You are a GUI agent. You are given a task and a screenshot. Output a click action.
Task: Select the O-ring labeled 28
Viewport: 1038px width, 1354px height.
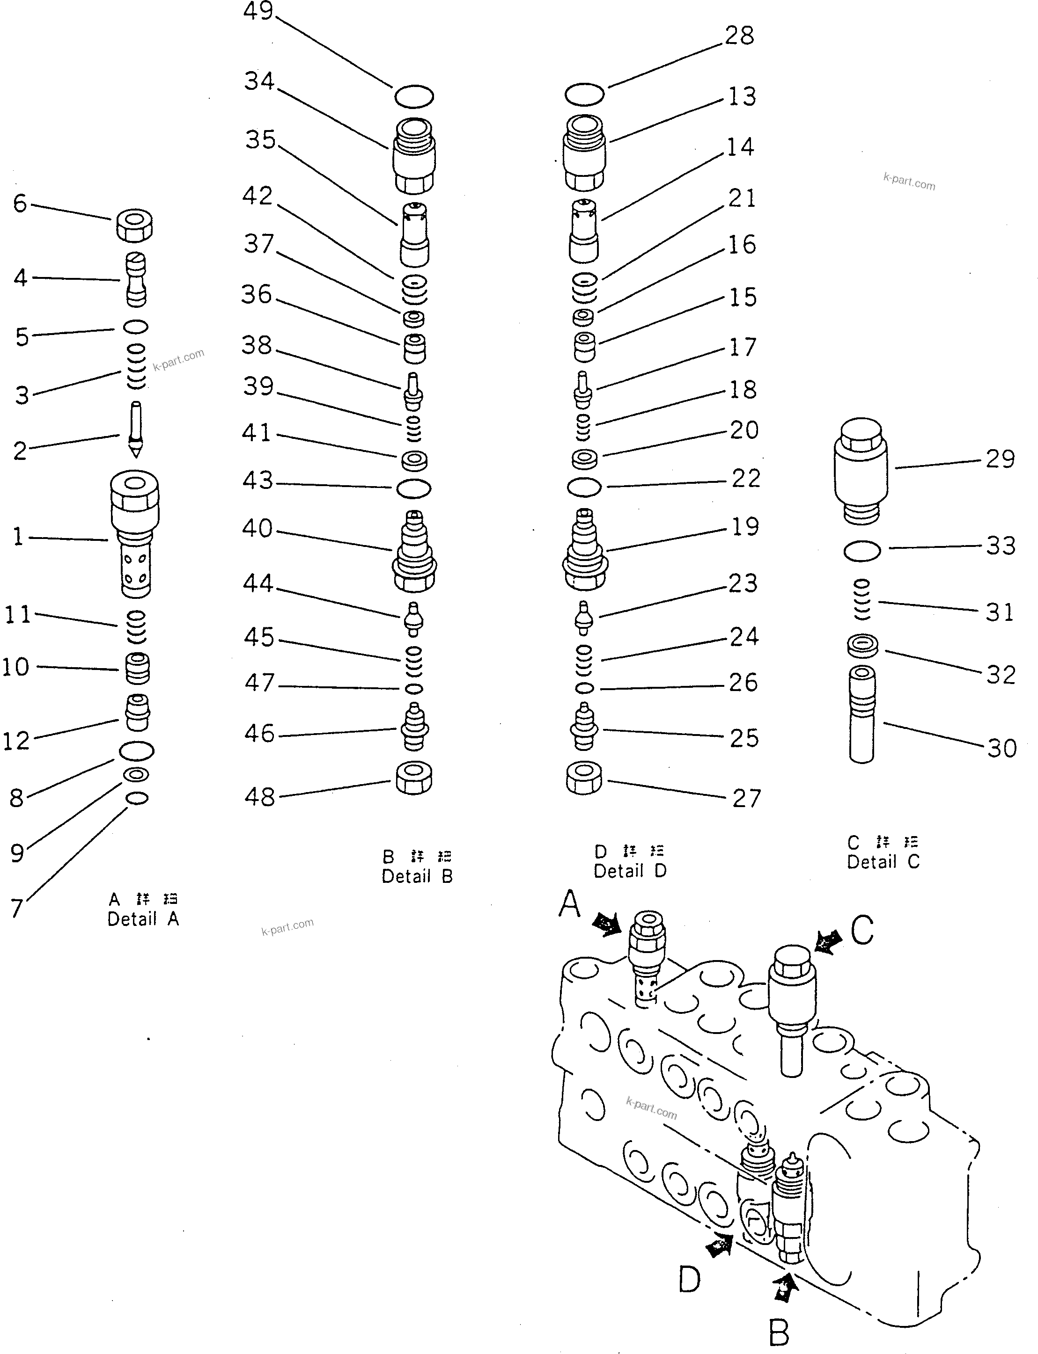coord(584,95)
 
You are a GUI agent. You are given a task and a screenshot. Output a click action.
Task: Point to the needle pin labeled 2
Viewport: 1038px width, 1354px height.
coord(136,429)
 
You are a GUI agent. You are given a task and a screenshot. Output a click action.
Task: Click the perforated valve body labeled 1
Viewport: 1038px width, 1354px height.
coord(135,534)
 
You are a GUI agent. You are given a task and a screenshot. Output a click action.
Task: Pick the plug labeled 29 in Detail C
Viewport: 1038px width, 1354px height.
coord(861,471)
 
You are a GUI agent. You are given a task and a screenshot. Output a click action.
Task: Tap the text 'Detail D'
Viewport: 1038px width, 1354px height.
coord(630,871)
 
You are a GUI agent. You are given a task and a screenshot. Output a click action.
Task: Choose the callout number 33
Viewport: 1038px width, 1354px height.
coord(1001,546)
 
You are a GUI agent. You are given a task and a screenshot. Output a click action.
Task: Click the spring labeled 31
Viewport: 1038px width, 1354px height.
coord(861,599)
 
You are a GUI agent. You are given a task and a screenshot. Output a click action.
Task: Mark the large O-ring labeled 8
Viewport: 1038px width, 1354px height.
coord(137,751)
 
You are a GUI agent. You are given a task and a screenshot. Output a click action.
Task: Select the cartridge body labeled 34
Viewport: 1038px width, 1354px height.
coord(414,156)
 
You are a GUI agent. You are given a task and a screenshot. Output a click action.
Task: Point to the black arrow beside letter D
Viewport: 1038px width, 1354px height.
coord(719,1245)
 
